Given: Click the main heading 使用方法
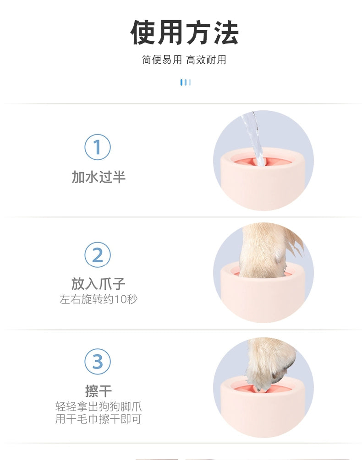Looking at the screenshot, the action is pos(184,32).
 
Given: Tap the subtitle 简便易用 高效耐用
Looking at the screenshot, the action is pos(184,60).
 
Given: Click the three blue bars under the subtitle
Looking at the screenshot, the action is pos(186,82).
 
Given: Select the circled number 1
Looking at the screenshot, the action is pos(98,147).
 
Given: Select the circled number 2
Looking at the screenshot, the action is pos(98,254).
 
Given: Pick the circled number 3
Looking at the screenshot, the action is pos(98,362).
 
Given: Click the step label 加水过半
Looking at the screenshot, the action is pos(99,177).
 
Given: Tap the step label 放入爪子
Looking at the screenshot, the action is pos(99,284).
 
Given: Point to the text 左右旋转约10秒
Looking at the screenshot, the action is pos(99,299).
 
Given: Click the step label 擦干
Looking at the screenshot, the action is pos(99,391).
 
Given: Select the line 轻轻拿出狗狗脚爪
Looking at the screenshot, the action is pos(99,406).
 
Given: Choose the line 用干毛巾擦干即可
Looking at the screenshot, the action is pos(99,419).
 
